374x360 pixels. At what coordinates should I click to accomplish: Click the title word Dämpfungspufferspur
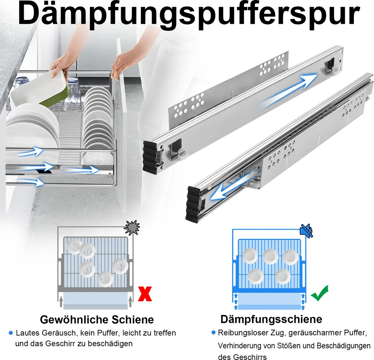tap(189, 15)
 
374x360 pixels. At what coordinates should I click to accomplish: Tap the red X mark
tap(145, 294)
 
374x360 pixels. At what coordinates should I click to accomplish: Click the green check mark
tap(320, 293)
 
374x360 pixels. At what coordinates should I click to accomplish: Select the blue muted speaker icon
tap(306, 230)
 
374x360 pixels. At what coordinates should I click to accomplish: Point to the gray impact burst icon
tap(132, 227)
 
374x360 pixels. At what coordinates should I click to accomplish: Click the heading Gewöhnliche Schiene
tap(97, 319)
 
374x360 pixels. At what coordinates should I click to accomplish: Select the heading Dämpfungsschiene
tap(271, 319)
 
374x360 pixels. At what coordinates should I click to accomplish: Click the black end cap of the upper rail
tap(150, 156)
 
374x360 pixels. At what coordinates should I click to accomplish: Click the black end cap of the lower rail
tap(193, 204)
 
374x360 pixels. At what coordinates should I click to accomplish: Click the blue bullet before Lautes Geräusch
tap(11, 333)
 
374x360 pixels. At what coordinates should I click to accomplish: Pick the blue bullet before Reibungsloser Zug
tap(213, 332)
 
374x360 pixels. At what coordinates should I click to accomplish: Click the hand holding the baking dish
tap(59, 66)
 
